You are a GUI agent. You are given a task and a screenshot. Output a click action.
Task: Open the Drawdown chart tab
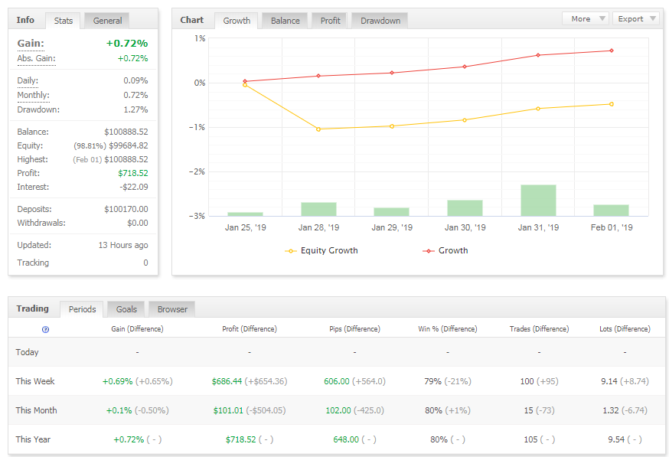380,21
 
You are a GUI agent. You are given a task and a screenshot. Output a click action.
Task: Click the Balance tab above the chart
285,21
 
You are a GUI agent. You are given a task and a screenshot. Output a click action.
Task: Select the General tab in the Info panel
107,21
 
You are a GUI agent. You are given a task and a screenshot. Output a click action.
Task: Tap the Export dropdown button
635,18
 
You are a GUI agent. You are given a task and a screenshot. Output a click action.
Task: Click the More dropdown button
586,18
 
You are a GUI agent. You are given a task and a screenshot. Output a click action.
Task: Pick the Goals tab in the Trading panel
126,309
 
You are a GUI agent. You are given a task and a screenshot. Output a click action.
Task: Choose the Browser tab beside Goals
172,309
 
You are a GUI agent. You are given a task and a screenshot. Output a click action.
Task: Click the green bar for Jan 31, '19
538,201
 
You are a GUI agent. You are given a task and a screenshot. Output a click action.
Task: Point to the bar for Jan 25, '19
245,214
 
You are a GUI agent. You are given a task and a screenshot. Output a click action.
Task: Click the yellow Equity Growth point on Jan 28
318,129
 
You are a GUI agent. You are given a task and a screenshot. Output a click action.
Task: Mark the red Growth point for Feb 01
611,51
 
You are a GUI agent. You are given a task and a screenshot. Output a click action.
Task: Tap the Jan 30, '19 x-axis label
465,227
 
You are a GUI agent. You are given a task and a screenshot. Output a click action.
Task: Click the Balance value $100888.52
126,132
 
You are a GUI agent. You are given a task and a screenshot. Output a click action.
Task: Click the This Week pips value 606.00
336,381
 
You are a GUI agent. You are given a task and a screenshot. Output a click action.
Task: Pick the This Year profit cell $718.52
240,439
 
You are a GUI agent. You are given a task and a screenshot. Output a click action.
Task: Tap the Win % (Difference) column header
447,329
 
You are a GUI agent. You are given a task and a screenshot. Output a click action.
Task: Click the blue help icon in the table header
45,329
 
